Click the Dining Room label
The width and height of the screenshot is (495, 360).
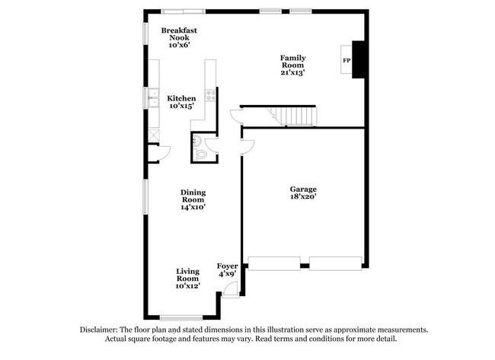point(193,197)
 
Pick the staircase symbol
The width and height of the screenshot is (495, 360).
point(292,116)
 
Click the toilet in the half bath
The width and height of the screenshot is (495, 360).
point(201,153)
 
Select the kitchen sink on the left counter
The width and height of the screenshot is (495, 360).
point(152,98)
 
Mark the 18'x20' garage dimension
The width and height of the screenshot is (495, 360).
point(302,197)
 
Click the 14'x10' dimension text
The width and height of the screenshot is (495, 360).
point(193,206)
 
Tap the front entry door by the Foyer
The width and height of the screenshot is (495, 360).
point(237,288)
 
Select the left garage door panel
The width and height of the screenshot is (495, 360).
point(275,263)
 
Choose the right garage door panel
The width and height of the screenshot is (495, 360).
point(336,263)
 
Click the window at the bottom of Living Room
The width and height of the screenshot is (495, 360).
point(180,317)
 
